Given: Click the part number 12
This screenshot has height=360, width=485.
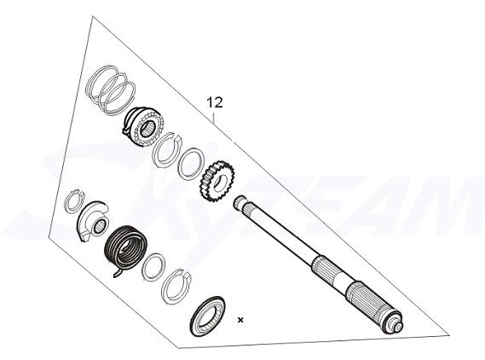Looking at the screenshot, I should click(215, 102).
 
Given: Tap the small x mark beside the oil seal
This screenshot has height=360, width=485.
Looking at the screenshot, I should click(240, 320).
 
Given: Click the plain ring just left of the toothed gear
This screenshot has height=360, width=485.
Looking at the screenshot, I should click(190, 160).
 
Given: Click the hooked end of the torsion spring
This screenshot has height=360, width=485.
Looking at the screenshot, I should click(119, 272).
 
